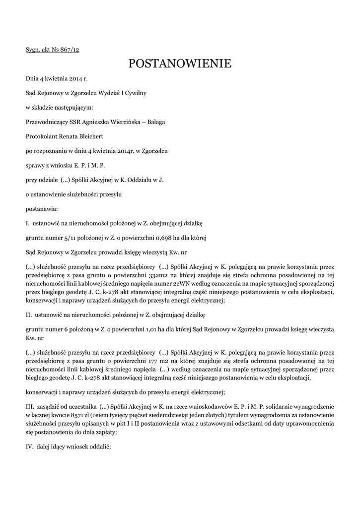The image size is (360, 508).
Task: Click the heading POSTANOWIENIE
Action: [x=180, y=63]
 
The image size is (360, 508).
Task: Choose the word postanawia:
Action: [x=42, y=209]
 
